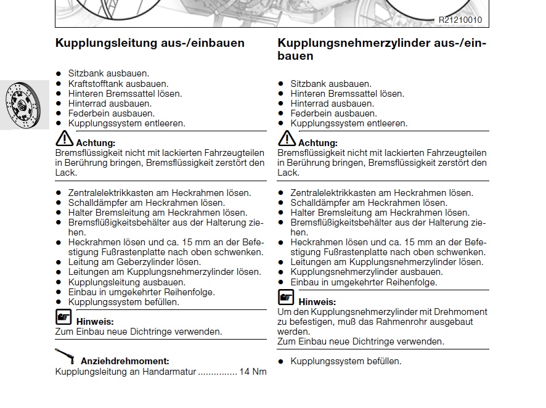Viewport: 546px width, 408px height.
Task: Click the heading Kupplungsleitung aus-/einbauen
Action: (150, 43)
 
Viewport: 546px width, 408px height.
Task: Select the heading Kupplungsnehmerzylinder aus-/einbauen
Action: (381, 49)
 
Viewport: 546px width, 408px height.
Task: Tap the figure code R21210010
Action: (460, 20)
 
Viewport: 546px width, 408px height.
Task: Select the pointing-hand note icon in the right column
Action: (286, 298)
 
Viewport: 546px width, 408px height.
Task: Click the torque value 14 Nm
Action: (253, 372)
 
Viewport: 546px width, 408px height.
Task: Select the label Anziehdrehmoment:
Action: (125, 361)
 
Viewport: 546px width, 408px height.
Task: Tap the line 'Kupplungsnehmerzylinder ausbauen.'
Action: (366, 272)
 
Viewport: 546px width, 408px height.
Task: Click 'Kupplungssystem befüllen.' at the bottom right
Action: (346, 361)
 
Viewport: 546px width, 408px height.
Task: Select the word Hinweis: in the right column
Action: (317, 302)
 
